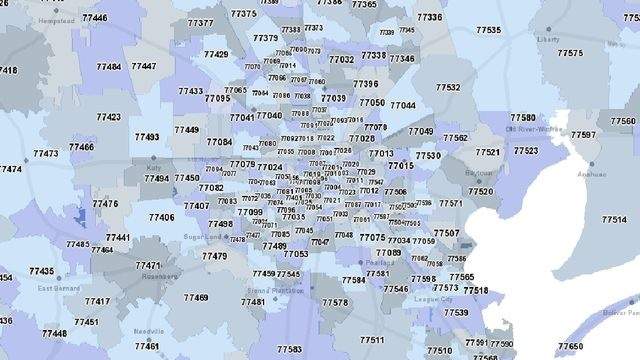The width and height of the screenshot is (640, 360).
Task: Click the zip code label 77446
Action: click(96, 18)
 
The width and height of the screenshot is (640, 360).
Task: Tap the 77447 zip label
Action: click(143, 66)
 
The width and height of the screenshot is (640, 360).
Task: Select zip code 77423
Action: click(109, 117)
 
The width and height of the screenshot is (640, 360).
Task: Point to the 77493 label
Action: click(146, 137)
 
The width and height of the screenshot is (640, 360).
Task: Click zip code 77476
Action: click(105, 203)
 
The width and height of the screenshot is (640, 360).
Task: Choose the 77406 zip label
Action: click(161, 217)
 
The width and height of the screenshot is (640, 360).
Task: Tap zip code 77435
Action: click(42, 271)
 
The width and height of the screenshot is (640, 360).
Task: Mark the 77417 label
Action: click(97, 301)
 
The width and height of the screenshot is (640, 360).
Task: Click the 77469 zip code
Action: click(196, 297)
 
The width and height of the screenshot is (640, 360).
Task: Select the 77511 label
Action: click(372, 340)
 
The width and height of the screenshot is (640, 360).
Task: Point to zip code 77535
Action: click(490, 32)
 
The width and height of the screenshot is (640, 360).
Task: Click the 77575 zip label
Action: click(571, 53)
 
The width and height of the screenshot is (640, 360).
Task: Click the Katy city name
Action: click(153, 168)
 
